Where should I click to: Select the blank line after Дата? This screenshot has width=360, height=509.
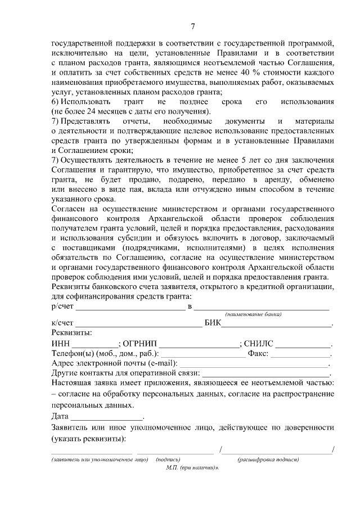107,418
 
